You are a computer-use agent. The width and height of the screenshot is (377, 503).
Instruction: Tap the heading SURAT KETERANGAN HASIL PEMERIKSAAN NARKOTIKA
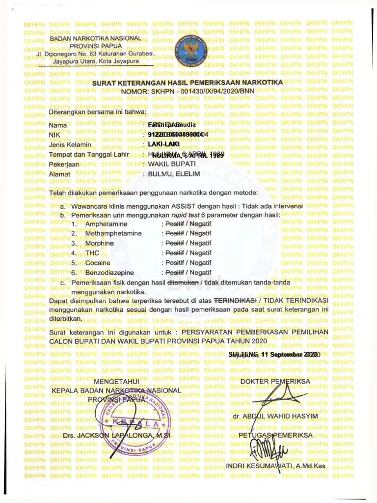tap(188, 83)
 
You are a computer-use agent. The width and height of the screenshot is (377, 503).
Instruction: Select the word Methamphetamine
tap(113, 233)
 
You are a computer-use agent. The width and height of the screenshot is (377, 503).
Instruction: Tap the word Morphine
tap(99, 243)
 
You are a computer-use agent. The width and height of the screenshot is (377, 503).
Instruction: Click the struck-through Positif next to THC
tap(174, 253)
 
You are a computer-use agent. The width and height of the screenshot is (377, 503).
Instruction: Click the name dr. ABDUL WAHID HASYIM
tap(275, 417)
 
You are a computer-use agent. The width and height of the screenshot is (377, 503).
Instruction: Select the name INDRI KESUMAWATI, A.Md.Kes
tap(275, 465)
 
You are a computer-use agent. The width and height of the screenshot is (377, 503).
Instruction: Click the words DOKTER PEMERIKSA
tap(275, 381)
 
